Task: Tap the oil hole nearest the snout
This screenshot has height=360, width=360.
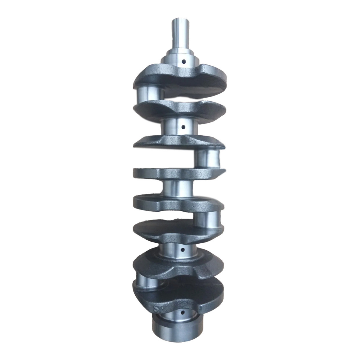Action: (183, 62)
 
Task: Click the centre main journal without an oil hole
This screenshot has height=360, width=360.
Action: (177, 188)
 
